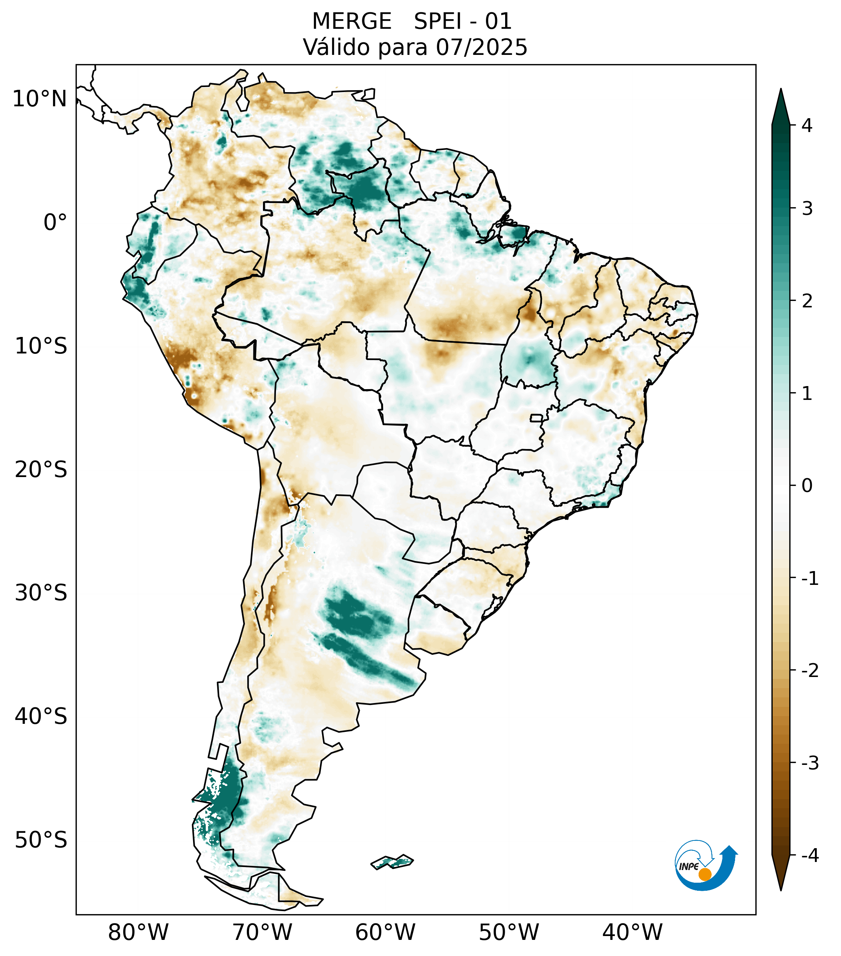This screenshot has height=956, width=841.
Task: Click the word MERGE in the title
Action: click(x=351, y=21)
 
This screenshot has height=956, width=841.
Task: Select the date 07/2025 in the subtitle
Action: click(x=481, y=47)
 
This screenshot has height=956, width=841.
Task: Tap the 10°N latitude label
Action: click(x=40, y=99)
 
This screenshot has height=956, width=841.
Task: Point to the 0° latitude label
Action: click(x=55, y=223)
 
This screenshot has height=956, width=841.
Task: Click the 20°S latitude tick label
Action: click(x=41, y=470)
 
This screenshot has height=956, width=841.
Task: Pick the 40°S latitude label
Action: click(x=41, y=717)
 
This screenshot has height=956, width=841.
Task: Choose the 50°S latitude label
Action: click(x=41, y=840)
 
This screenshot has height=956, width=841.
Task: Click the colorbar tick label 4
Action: click(x=807, y=125)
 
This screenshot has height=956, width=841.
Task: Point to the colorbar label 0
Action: click(x=807, y=486)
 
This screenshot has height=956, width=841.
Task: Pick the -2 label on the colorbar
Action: click(x=810, y=671)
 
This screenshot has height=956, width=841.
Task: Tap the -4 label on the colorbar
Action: click(x=810, y=856)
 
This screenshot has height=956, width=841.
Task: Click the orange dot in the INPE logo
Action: click(x=704, y=874)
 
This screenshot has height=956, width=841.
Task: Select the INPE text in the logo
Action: click(x=689, y=867)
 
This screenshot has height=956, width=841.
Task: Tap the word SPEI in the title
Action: click(x=437, y=21)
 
